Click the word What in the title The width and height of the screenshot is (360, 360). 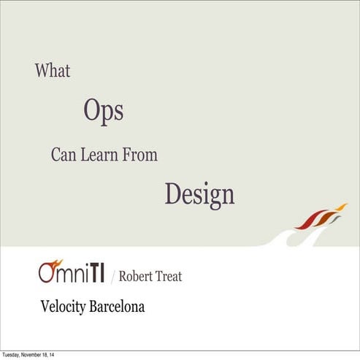point(52,71)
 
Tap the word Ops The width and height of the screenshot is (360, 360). point(103,111)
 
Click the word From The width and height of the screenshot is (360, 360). point(142,155)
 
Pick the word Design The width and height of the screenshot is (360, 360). point(199,194)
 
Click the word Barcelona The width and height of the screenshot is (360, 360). point(116,307)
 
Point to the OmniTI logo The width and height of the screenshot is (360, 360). point(71,272)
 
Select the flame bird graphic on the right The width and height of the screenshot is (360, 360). point(320,217)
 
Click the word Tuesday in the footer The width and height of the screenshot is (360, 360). point(12,356)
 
